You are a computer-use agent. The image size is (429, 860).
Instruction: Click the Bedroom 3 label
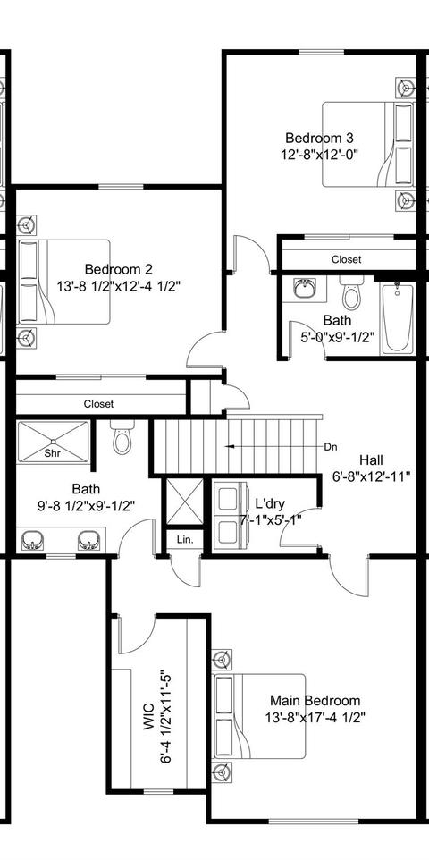[318, 137]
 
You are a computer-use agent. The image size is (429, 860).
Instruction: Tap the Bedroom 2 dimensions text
[119, 286]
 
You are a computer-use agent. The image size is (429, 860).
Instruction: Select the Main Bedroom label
[315, 700]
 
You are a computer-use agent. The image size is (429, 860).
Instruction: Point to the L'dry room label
[270, 503]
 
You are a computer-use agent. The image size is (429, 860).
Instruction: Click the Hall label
[372, 460]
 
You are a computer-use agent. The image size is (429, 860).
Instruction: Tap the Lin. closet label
[185, 540]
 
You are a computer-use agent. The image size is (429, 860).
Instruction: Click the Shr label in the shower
[53, 453]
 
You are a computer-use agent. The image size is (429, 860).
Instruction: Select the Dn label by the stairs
[331, 446]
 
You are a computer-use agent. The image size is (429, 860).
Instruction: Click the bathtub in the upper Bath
[399, 317]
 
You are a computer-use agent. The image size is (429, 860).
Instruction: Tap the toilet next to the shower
[122, 436]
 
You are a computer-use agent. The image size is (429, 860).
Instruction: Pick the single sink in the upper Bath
[304, 287]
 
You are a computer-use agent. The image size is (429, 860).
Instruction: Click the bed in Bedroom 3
[368, 144]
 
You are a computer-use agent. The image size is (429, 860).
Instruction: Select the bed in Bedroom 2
[63, 282]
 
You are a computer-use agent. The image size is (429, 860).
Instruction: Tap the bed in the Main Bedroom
[259, 716]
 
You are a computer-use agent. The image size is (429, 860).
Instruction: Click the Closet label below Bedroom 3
[347, 259]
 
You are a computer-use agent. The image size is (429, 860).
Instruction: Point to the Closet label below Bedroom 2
[98, 404]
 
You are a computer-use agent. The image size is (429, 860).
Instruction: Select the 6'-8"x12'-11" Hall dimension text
[372, 476]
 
